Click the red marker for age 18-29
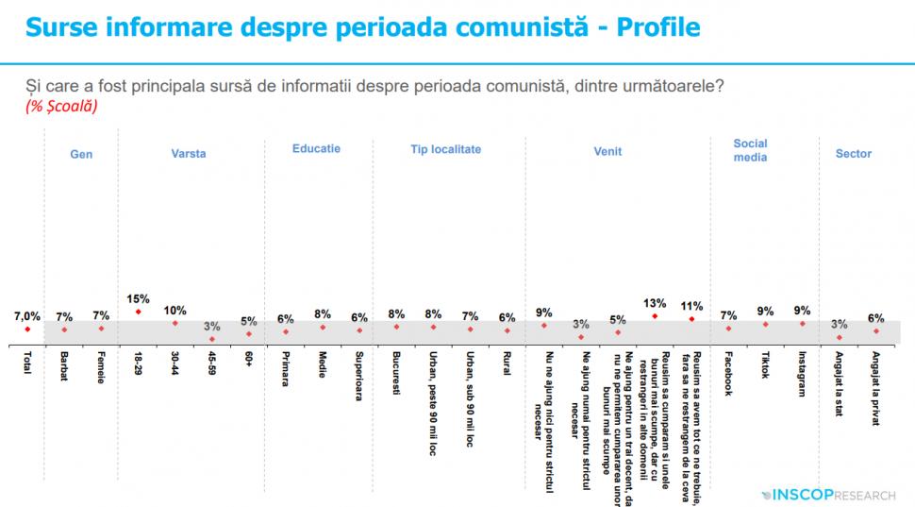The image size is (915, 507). tap(139, 312)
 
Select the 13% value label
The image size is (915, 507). tap(655, 303)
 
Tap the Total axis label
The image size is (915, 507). tap(27, 363)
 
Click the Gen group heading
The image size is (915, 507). tap(81, 154)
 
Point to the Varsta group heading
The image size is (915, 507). tap(189, 154)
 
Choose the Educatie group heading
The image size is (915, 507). tap(316, 149)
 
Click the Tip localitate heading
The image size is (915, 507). tap(445, 149)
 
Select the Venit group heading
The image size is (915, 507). tap(607, 151)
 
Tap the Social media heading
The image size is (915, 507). tap(750, 150)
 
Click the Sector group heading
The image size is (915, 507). tap(854, 154)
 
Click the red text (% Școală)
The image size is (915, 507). tap(62, 107)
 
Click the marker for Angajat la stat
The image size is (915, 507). tap(840, 337)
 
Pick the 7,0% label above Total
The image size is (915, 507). tap(27, 315)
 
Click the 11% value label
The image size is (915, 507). tap(691, 306)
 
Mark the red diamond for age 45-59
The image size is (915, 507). tap(212, 338)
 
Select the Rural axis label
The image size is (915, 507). tap(507, 363)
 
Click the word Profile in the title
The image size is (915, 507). tap(657, 27)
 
